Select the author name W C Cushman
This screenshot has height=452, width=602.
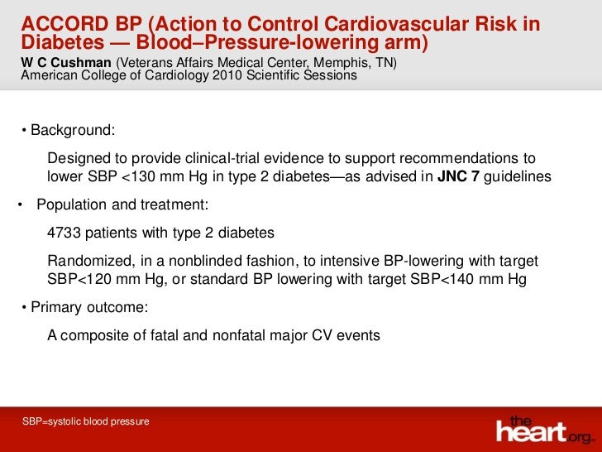point(65,62)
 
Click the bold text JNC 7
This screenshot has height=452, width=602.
point(457,176)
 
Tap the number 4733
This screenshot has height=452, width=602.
point(65,233)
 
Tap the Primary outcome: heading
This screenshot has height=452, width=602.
point(88,308)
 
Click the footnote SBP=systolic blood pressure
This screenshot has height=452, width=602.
point(86,422)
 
